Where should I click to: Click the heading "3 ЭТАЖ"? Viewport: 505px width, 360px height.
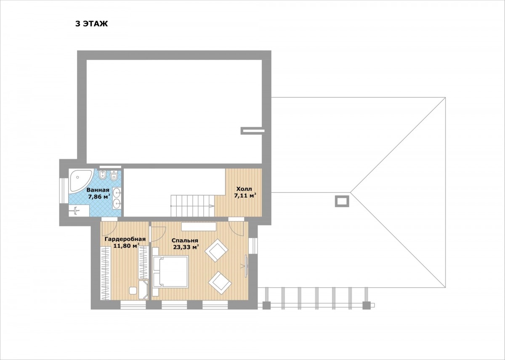pyautogui.click(x=92, y=24)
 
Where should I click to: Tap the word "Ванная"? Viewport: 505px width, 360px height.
pyautogui.click(x=98, y=190)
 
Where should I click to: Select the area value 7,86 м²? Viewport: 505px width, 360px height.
pyautogui.click(x=99, y=197)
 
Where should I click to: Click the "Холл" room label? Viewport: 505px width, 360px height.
pyautogui.click(x=244, y=189)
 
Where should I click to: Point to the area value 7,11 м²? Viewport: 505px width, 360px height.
pyautogui.click(x=246, y=196)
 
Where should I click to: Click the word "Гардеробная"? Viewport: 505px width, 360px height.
pyautogui.click(x=125, y=239)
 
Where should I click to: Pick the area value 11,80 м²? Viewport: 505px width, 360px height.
pyautogui.click(x=126, y=246)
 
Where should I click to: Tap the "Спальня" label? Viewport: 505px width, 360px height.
pyautogui.click(x=185, y=241)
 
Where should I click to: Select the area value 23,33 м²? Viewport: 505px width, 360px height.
pyautogui.click(x=186, y=247)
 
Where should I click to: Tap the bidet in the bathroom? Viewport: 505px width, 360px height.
pyautogui.click(x=103, y=175)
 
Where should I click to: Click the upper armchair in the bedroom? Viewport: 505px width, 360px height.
pyautogui.click(x=216, y=250)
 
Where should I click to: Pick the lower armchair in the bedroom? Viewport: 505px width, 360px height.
pyautogui.click(x=220, y=283)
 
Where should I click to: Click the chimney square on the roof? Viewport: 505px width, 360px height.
pyautogui.click(x=342, y=201)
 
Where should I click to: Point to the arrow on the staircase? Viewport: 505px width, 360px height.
pyautogui.click(x=212, y=206)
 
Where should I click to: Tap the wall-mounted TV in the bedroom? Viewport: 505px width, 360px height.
pyautogui.click(x=247, y=266)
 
